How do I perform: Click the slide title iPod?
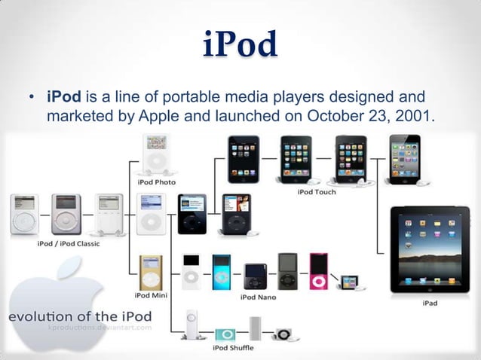pos(240,45)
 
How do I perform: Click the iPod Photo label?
pos(157,182)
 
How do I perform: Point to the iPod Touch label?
pos(317,192)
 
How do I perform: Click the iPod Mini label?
pos(151,296)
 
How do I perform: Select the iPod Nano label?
pos(258,297)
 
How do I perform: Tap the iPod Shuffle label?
pos(232,348)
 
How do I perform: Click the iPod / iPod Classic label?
pos(68,243)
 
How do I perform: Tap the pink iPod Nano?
pos(318,271)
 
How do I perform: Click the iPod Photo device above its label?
pos(157,154)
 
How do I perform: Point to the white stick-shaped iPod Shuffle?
pos(195,325)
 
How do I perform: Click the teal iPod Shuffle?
pos(225,334)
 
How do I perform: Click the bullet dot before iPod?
pos(32,99)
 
